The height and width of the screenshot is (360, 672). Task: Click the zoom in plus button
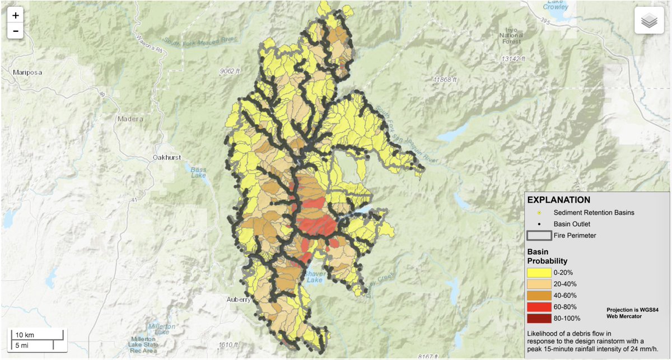[15, 16]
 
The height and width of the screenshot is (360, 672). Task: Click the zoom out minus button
[15, 31]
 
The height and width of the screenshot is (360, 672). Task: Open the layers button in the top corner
[648, 21]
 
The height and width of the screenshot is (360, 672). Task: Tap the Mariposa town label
[27, 72]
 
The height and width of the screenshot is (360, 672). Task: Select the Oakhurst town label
[166, 157]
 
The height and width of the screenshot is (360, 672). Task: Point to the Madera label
[130, 119]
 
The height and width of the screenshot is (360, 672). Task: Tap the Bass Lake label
[198, 172]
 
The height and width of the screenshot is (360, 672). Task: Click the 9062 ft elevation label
[230, 71]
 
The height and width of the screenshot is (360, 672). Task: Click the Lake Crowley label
[555, 5]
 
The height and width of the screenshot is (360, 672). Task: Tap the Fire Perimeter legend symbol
[539, 235]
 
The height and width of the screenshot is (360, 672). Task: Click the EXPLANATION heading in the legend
[558, 199]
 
